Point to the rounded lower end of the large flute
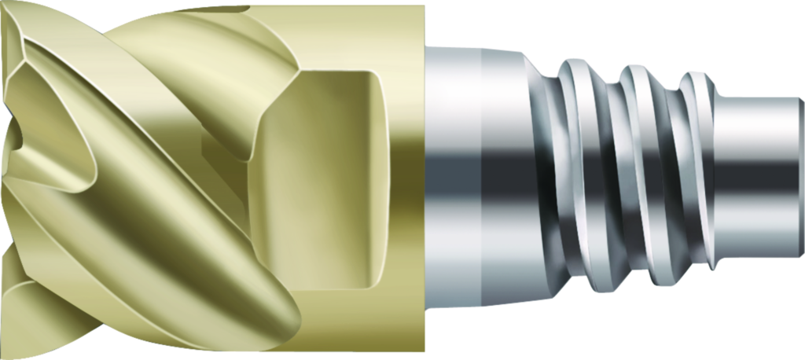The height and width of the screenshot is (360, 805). (267, 314)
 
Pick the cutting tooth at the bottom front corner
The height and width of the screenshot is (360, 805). (16, 330)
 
